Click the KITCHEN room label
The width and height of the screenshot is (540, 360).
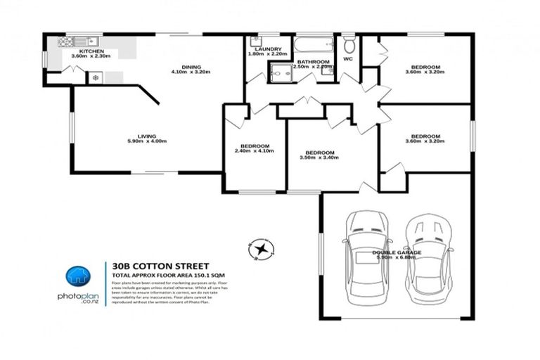pyautogui.click(x=91, y=52)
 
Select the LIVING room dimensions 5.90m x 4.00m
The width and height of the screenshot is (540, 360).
pyautogui.click(x=146, y=142)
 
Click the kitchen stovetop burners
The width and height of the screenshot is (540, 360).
pyautogui.click(x=96, y=77)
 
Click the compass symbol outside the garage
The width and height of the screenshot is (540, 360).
pyautogui.click(x=262, y=248)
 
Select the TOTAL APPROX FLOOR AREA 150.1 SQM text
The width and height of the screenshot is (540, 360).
pyautogui.click(x=167, y=275)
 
